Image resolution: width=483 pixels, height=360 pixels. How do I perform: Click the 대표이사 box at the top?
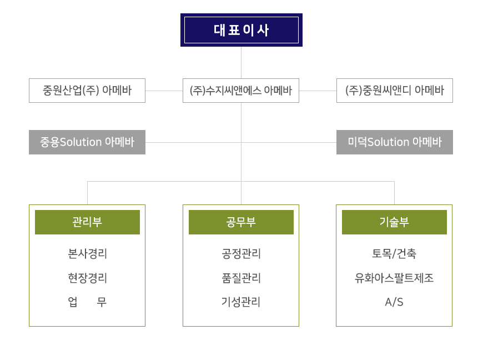[x=241, y=30]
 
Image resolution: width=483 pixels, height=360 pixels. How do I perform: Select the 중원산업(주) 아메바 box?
[x=87, y=91]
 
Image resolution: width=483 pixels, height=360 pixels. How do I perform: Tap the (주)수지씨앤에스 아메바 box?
[x=241, y=91]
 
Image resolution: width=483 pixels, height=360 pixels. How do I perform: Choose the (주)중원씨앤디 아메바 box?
[x=394, y=91]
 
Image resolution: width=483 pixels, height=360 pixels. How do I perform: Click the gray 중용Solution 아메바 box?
[x=87, y=142]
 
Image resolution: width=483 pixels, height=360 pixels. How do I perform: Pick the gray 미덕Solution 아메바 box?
[x=394, y=142]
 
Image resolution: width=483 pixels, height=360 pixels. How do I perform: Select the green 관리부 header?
[x=87, y=222]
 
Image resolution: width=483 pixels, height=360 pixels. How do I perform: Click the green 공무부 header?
[x=241, y=222]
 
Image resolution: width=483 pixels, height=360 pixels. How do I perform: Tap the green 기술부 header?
[x=394, y=222]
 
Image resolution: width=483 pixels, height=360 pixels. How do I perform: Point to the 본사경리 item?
[x=87, y=254]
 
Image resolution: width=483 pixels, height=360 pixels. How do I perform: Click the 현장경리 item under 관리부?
[x=87, y=278]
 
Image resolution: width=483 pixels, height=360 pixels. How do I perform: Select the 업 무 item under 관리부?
[x=87, y=302]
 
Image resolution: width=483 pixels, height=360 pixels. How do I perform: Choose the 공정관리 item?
[x=241, y=254]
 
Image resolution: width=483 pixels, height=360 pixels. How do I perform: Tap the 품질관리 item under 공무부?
[x=241, y=278]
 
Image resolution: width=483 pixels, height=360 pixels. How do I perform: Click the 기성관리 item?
[x=241, y=302]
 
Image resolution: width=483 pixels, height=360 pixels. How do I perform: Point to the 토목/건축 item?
[x=394, y=254]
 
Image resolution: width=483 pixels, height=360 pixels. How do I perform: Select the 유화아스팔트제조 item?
[x=394, y=278]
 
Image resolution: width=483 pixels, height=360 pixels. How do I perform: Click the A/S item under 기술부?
[x=394, y=302]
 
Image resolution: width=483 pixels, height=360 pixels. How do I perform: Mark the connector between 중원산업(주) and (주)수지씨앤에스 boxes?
[x=164, y=91]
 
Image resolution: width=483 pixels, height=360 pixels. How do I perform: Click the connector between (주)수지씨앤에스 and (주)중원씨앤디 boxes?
[x=318, y=91]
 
